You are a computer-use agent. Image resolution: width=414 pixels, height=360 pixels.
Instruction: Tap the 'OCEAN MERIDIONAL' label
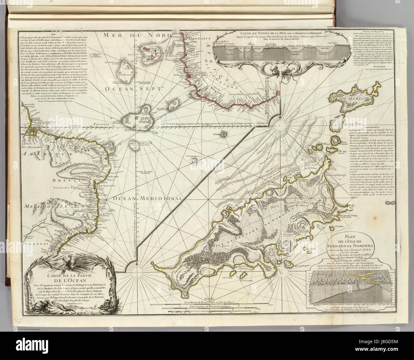click(x=147, y=198)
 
